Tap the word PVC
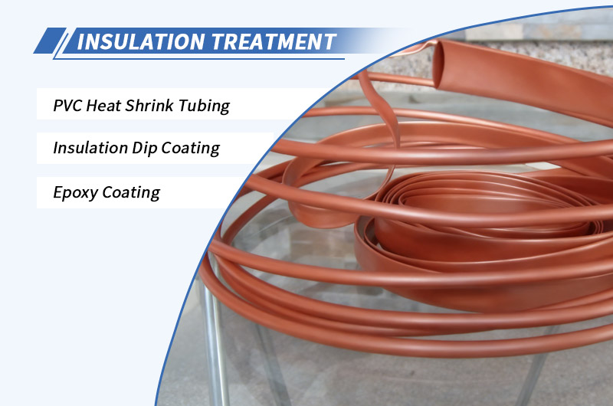click(x=67, y=105)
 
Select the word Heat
click(x=107, y=105)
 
